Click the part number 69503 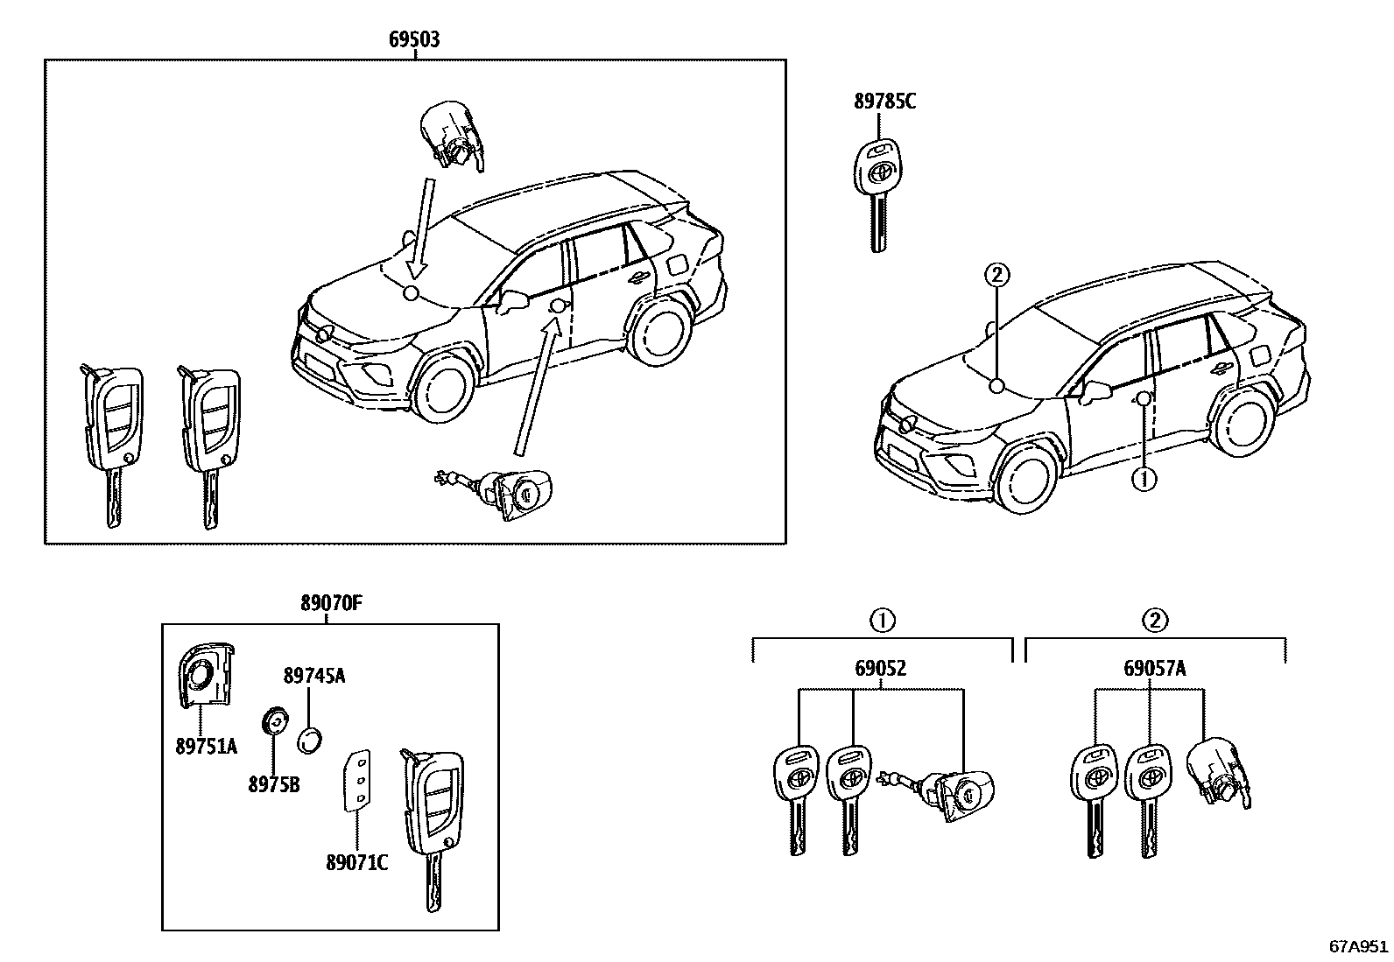pos(414,39)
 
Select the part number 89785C pos(884,102)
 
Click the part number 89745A pos(313,676)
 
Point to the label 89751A pos(206,746)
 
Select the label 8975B pos(273,785)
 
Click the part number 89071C pos(356,863)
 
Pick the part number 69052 pos(880,669)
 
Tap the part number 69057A pos(1154,669)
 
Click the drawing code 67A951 pos(1358,946)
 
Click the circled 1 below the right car pos(1144,480)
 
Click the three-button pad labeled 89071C pos(357,777)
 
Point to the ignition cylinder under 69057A pos(1218,772)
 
